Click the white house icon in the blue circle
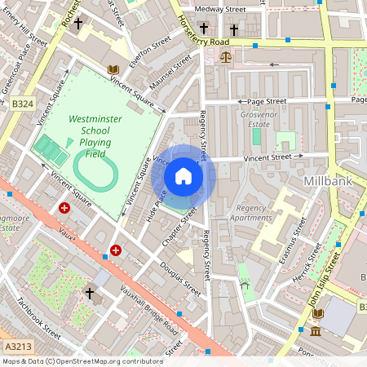(183, 176)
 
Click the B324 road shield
(22, 104)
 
